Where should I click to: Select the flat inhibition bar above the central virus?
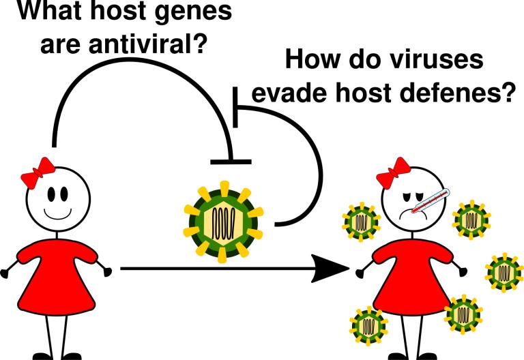tap(231, 162)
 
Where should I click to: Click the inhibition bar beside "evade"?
tap(235, 106)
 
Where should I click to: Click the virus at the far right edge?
tap(505, 272)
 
